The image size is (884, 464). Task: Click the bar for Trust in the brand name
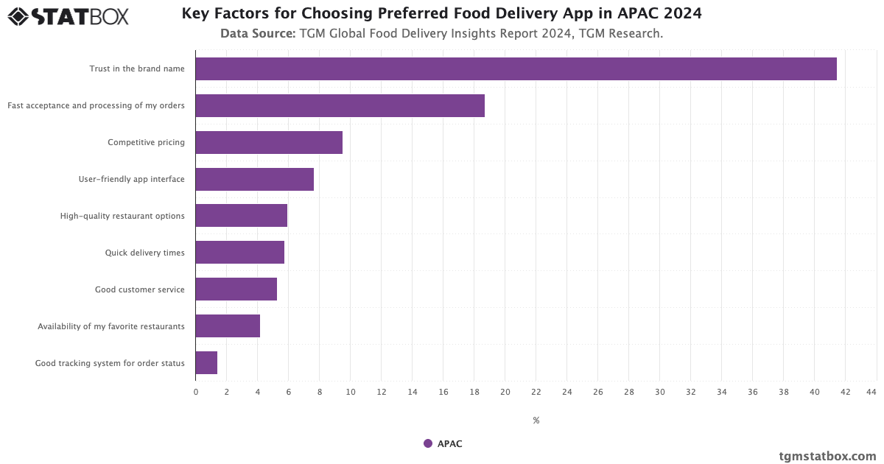tap(516, 68)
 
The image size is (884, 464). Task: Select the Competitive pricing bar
tap(269, 142)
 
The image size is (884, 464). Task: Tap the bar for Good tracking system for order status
tap(206, 363)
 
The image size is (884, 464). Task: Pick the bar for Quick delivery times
tap(239, 253)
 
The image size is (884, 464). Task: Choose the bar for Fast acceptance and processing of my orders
tap(340, 105)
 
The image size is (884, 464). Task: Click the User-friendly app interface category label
tap(132, 179)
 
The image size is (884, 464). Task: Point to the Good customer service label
tap(140, 289)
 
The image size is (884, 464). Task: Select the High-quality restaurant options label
tap(122, 216)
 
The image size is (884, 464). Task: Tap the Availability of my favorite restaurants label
tap(111, 326)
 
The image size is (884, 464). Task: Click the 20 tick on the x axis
tap(505, 392)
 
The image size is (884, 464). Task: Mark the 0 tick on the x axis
tap(196, 392)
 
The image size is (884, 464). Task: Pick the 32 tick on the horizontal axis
tap(691, 392)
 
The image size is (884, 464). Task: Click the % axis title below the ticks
tap(536, 421)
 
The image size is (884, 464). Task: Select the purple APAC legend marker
tap(428, 443)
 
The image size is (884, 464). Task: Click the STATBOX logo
tap(69, 15)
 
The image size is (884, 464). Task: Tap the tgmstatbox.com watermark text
tap(828, 456)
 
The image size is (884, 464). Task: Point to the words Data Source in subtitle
tap(258, 34)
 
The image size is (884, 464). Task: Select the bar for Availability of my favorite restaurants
tap(228, 326)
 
